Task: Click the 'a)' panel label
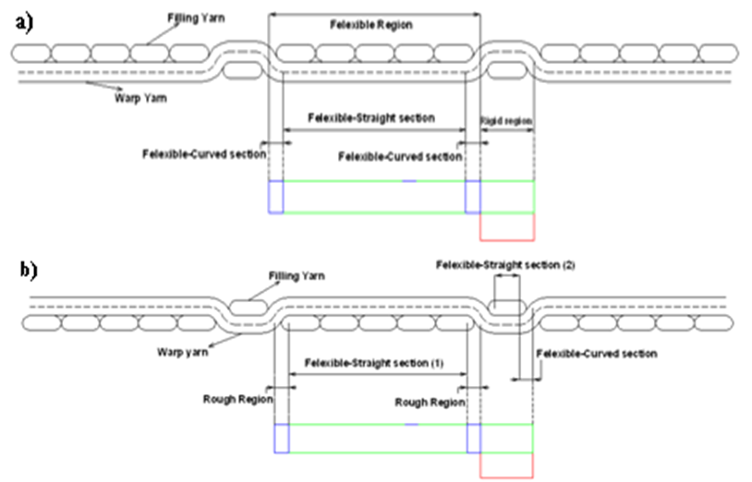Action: tap(23, 23)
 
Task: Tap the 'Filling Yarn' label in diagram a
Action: tap(196, 18)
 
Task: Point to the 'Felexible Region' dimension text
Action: tap(374, 26)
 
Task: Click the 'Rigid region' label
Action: tap(507, 120)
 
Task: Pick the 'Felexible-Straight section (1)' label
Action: tap(374, 363)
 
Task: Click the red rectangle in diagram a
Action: tap(507, 226)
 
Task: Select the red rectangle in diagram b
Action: tap(507, 465)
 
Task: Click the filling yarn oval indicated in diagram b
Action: tap(248, 306)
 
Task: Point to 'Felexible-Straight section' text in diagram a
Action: tap(371, 120)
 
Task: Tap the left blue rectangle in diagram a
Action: tap(274, 197)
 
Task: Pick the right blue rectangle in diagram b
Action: tap(473, 439)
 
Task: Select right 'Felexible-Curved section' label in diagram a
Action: tap(400, 157)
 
